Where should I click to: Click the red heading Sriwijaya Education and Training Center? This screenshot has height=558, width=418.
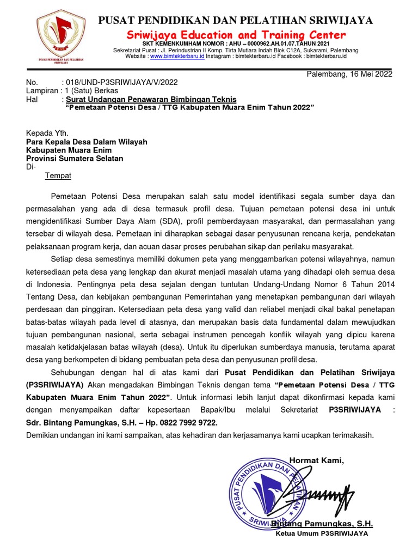click(236, 35)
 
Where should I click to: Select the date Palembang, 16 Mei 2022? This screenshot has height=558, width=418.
click(349, 74)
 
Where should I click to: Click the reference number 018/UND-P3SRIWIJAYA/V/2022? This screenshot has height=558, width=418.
click(121, 82)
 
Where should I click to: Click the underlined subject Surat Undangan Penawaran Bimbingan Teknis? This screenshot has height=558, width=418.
click(151, 100)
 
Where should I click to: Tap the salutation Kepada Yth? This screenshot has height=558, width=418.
click(47, 132)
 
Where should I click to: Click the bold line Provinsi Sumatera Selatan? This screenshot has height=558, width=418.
click(75, 159)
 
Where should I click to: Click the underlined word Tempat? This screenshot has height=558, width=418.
click(58, 176)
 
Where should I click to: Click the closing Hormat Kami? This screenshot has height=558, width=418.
click(316, 460)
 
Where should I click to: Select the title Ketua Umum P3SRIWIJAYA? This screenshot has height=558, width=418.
click(322, 533)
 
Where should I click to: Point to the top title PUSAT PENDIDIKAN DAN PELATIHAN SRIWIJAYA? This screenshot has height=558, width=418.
click(235, 21)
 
